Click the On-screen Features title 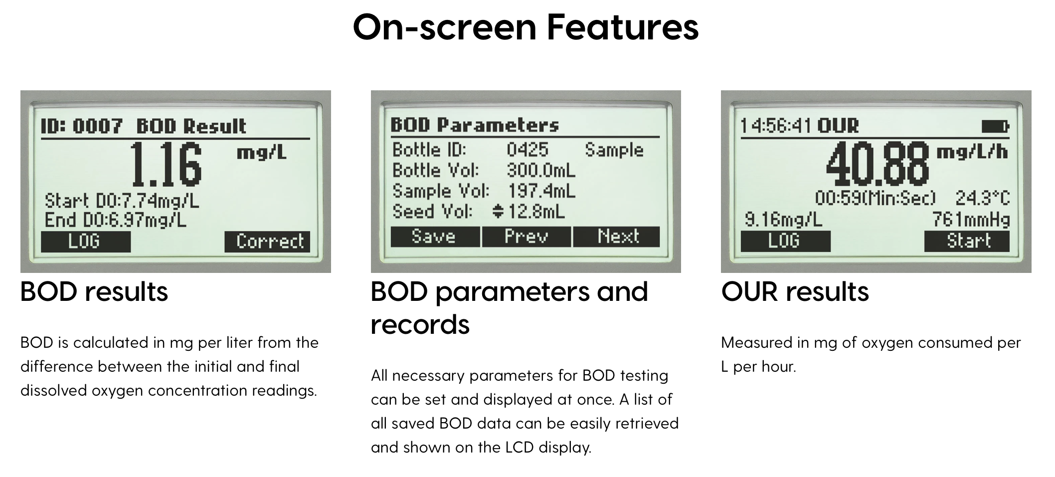(526, 27)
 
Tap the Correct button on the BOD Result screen (267, 241)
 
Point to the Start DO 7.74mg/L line (122, 201)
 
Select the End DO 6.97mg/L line (116, 220)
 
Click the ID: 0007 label (81, 126)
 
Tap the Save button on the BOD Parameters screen (435, 237)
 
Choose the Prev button (527, 237)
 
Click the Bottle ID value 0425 (527, 150)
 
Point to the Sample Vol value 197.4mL (541, 191)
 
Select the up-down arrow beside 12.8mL (498, 212)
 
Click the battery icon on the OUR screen (995, 127)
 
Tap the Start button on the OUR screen (967, 241)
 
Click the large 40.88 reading (878, 164)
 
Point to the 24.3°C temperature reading (982, 198)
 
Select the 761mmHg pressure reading (971, 220)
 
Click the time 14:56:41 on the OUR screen (775, 126)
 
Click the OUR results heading (795, 292)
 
